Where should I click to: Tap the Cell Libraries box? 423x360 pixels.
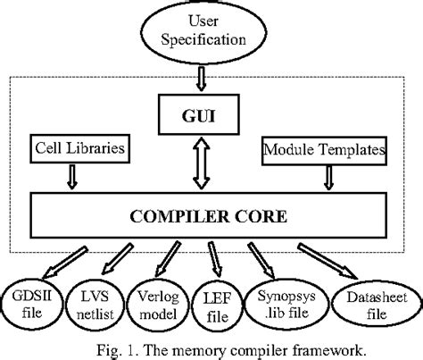[x=78, y=145]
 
